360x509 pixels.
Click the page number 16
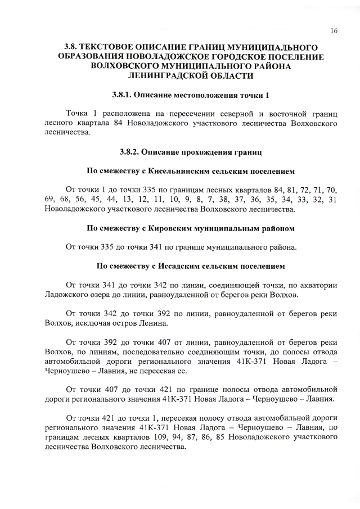pyautogui.click(x=334, y=31)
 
